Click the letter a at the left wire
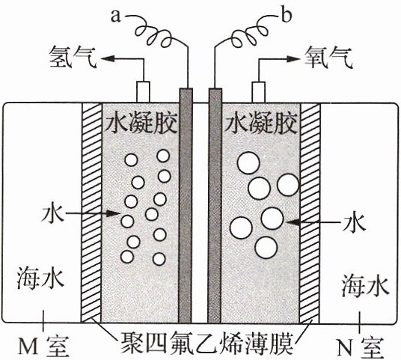pyautogui.click(x=116, y=16)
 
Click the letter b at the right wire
pyautogui.click(x=287, y=15)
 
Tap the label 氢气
pyautogui.click(x=73, y=57)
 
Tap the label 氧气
pyautogui.click(x=329, y=57)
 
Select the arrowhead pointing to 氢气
pyautogui.click(x=108, y=58)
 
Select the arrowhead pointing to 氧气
pyautogui.click(x=293, y=59)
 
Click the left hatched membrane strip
pyautogui.click(x=91, y=213)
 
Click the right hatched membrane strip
pyautogui.click(x=310, y=213)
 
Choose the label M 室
pyautogui.click(x=44, y=346)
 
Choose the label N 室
pyautogui.click(x=360, y=347)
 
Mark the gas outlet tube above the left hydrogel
pyautogui.click(x=143, y=92)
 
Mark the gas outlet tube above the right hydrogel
pyautogui.click(x=259, y=92)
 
